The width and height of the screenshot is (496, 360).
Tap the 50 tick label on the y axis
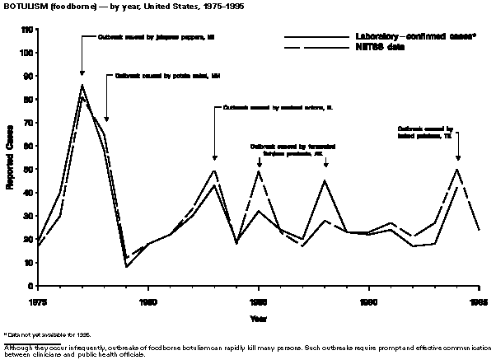pos(29,170)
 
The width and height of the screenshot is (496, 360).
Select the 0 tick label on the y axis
pos(31,286)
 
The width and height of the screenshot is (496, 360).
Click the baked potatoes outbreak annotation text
pos(425,133)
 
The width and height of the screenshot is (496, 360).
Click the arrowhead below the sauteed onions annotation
pos(215,157)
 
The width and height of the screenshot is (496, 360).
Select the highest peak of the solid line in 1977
pos(82,85)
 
